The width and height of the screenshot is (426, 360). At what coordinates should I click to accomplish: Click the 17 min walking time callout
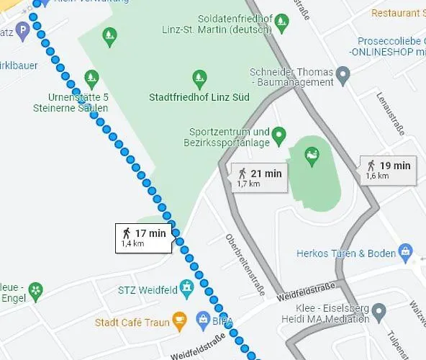(143, 238)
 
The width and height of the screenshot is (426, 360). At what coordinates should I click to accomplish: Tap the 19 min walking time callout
(387, 170)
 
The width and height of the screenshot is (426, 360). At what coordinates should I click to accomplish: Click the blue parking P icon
(23, 30)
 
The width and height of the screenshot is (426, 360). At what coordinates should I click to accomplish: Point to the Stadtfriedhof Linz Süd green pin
(199, 78)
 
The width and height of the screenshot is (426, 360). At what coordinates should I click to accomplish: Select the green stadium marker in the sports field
(312, 155)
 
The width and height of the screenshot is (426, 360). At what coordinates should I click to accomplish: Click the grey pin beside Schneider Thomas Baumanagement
(343, 73)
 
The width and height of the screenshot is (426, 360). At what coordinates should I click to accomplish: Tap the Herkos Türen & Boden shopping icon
(406, 252)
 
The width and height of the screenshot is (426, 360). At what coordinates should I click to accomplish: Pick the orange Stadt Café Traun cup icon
(179, 319)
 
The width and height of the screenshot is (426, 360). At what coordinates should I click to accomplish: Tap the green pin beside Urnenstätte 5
(91, 77)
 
